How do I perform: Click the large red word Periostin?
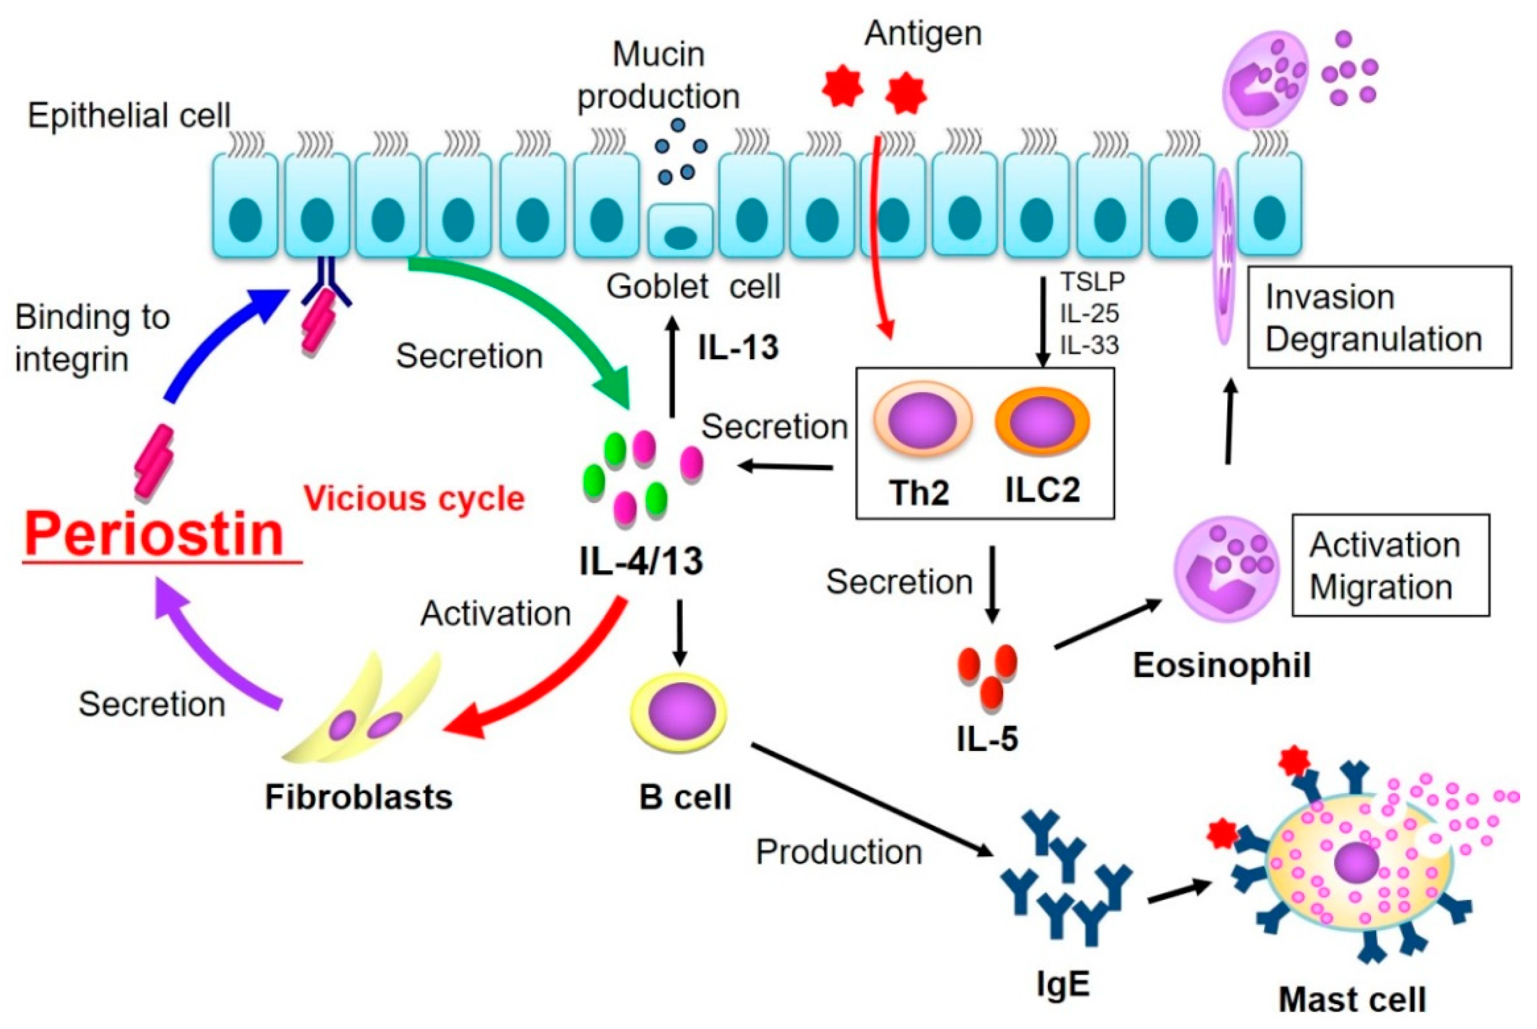(154, 535)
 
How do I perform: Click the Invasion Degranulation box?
(1379, 317)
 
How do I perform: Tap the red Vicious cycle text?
(414, 499)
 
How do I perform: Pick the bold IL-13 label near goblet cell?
(738, 347)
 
